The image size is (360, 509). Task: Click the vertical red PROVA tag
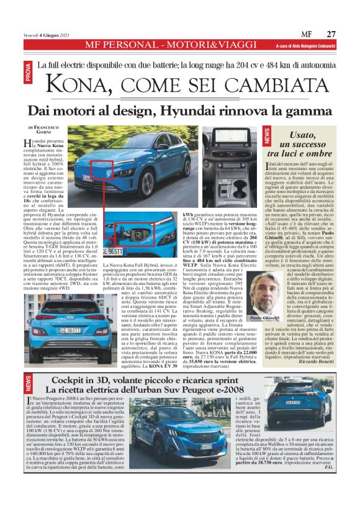tap(28, 73)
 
